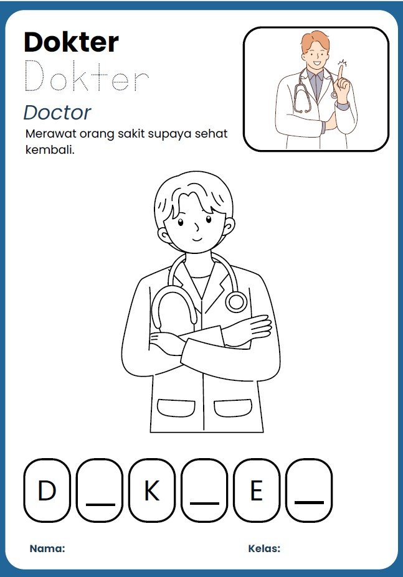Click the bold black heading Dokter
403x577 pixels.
[71, 42]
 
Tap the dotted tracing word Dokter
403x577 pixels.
[87, 76]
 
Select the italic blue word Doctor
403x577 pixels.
[57, 113]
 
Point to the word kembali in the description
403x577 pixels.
[49, 149]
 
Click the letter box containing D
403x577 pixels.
[47, 490]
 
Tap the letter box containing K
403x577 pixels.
[152, 490]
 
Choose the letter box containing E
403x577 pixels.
[257, 490]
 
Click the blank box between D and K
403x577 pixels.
[100, 490]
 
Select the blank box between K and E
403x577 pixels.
[204, 490]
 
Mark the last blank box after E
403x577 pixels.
[309, 490]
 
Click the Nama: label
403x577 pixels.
[47, 548]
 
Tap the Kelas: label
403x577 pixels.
[264, 548]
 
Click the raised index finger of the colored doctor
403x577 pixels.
[341, 75]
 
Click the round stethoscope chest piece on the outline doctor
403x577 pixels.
[236, 302]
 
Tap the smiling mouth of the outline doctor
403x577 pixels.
[197, 240]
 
